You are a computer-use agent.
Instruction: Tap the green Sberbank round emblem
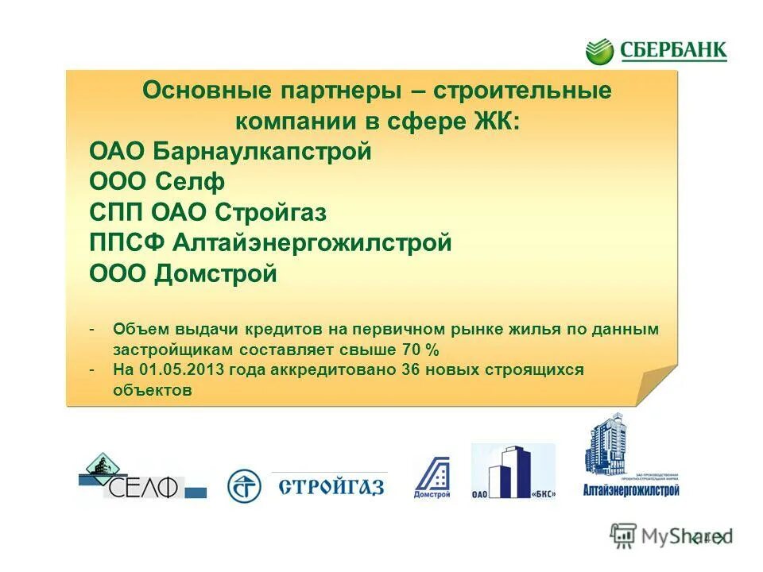click(x=600, y=52)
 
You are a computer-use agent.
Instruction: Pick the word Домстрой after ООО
click(x=216, y=274)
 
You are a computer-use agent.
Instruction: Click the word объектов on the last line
click(x=153, y=391)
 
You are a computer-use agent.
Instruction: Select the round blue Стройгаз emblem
click(x=244, y=485)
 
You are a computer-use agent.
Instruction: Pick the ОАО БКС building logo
click(x=513, y=473)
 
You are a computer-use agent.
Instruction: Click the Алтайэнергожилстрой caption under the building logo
click(x=631, y=490)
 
